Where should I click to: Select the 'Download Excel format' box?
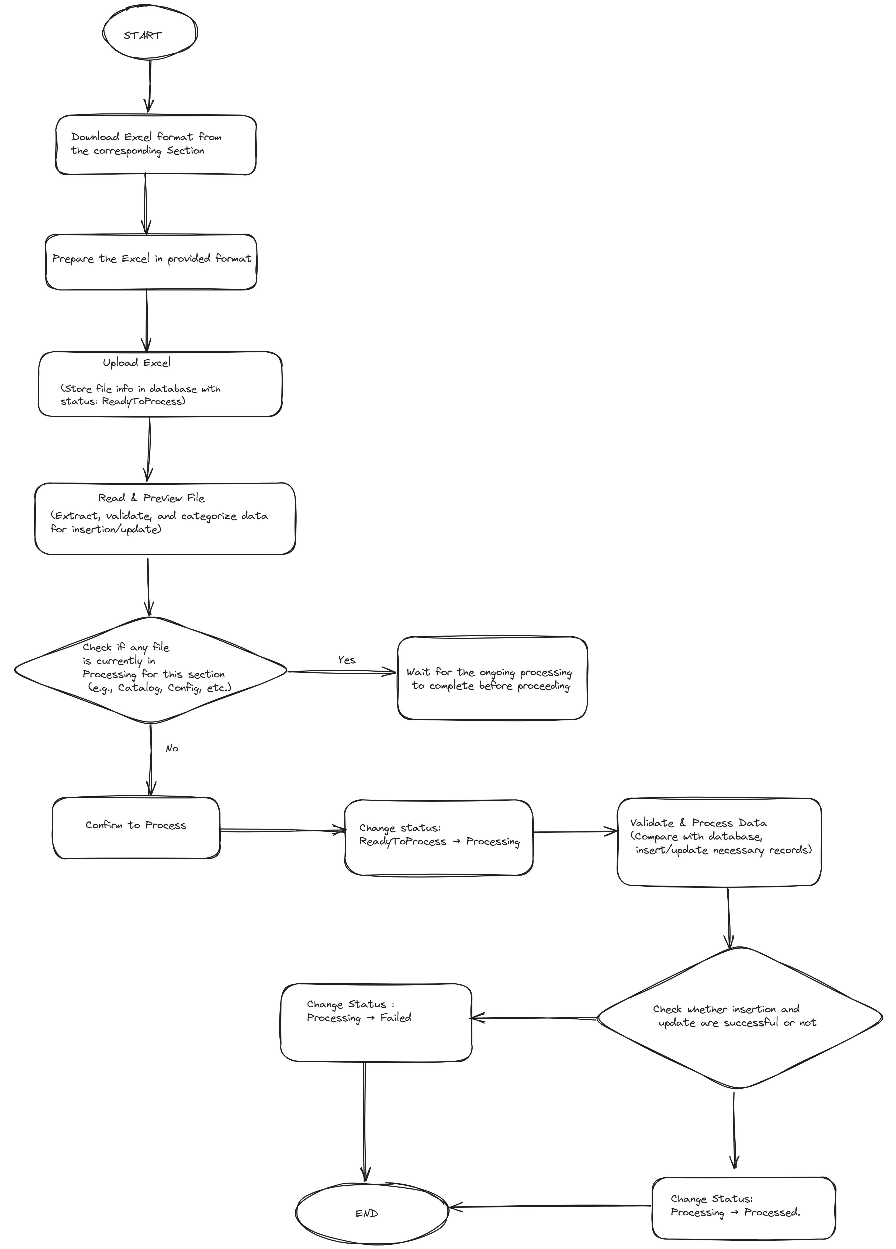[156, 145]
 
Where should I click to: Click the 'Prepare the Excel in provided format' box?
[151, 262]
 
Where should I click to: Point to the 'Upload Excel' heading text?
[137, 362]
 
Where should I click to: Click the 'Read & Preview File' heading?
[151, 498]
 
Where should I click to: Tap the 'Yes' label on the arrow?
[346, 660]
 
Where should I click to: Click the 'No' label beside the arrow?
[172, 748]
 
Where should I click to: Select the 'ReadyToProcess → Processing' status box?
[439, 837]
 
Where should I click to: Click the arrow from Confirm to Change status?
[282, 830]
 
